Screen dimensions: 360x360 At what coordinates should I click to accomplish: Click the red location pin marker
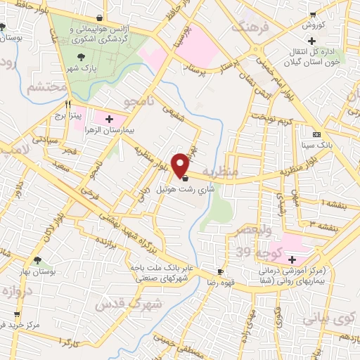[x=181, y=165]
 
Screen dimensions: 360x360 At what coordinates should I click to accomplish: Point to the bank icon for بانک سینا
[x=316, y=134]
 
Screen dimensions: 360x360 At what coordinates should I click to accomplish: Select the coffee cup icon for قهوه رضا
[x=220, y=271]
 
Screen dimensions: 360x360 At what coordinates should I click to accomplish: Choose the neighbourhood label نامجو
[x=138, y=103]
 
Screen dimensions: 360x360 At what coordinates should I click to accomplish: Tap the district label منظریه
[x=221, y=172]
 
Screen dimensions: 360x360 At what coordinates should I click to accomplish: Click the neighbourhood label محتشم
[x=48, y=89]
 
